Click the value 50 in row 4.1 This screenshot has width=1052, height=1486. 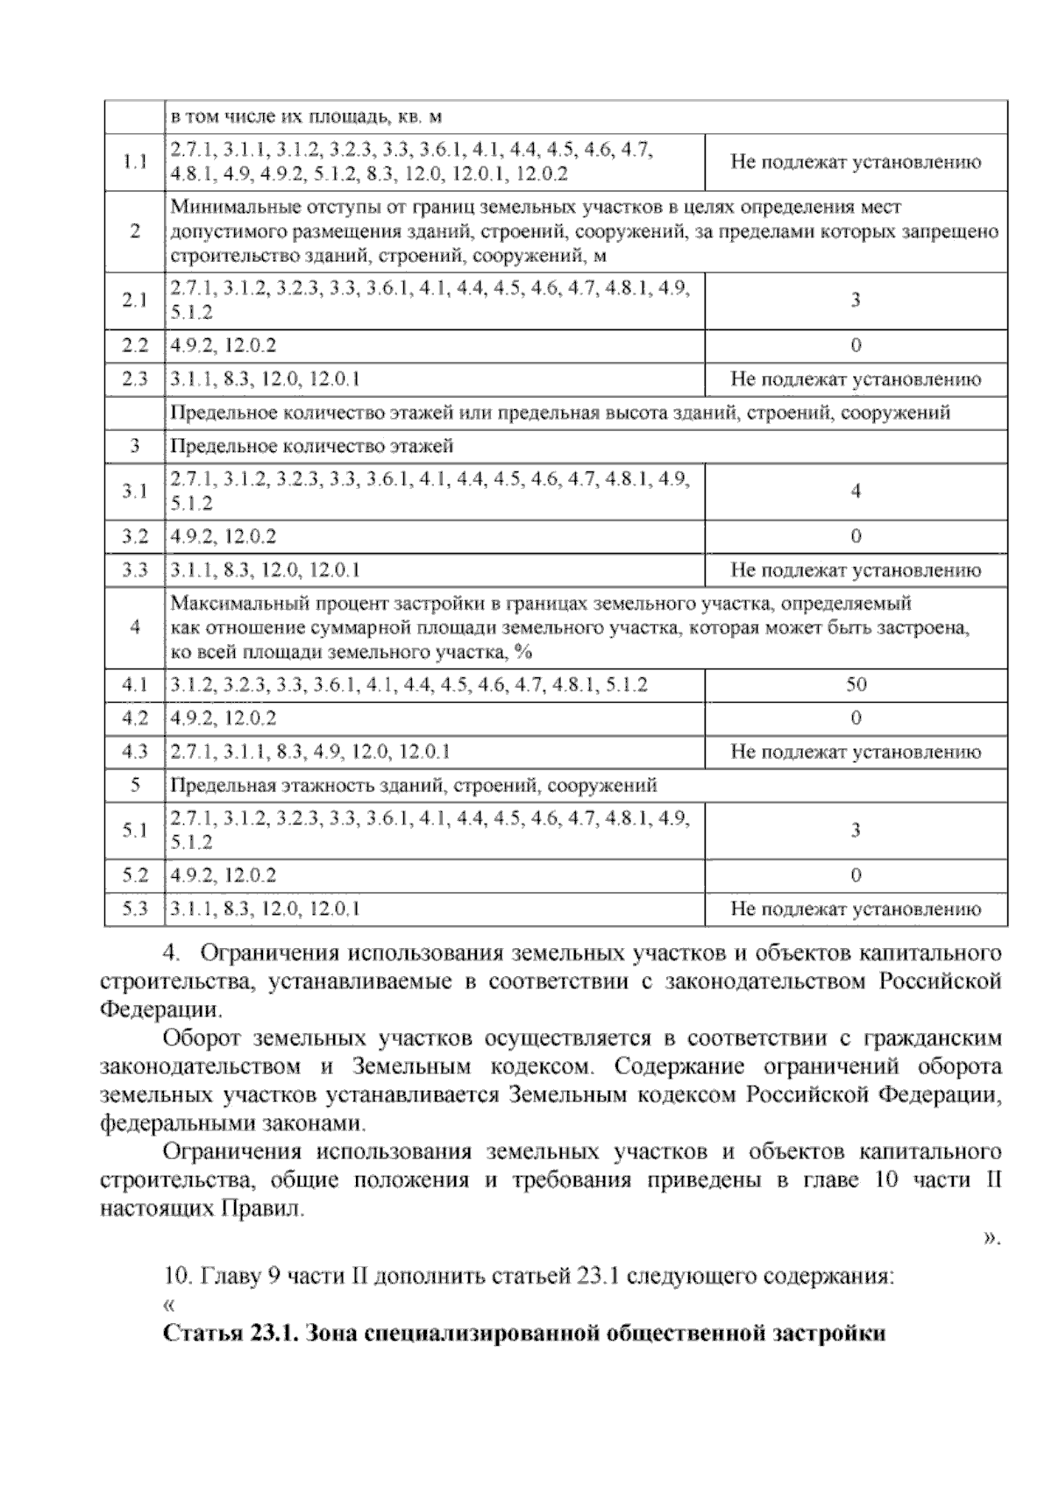856,684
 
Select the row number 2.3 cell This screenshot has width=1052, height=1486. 134,379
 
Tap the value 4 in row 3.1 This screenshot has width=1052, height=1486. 856,492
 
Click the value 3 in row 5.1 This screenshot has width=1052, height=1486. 856,831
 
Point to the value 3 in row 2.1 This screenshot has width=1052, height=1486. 856,301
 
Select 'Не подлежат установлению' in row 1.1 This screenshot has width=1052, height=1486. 856,162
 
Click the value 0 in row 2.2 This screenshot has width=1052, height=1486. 856,345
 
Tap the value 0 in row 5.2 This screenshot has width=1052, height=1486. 856,875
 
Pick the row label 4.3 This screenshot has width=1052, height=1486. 134,752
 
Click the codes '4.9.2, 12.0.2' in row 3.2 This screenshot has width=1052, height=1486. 224,536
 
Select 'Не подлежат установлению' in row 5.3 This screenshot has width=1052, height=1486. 856,909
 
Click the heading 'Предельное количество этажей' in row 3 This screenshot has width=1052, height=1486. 312,446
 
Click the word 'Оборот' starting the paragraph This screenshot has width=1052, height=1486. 202,1039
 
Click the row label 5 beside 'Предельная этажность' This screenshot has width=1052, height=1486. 134,785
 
